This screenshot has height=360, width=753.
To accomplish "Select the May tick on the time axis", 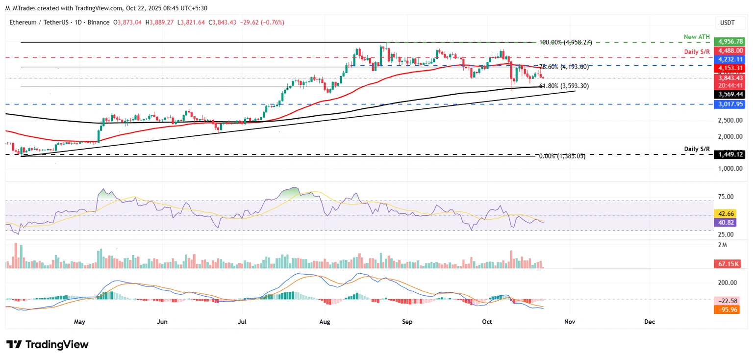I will point(79,322).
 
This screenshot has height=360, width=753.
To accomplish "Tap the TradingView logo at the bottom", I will point(47,344).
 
